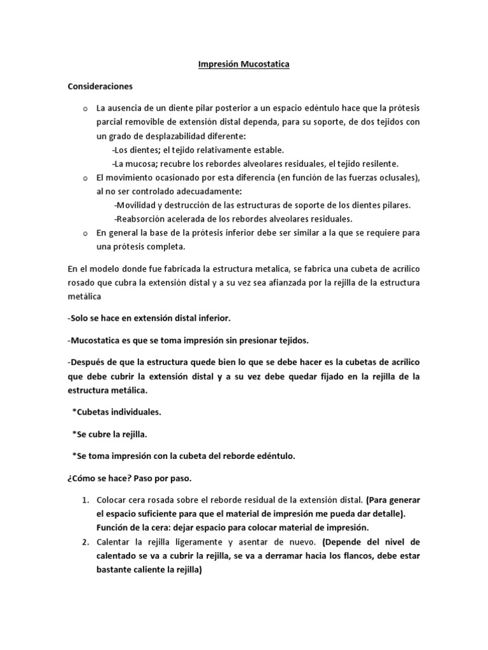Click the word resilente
tap(379, 164)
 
